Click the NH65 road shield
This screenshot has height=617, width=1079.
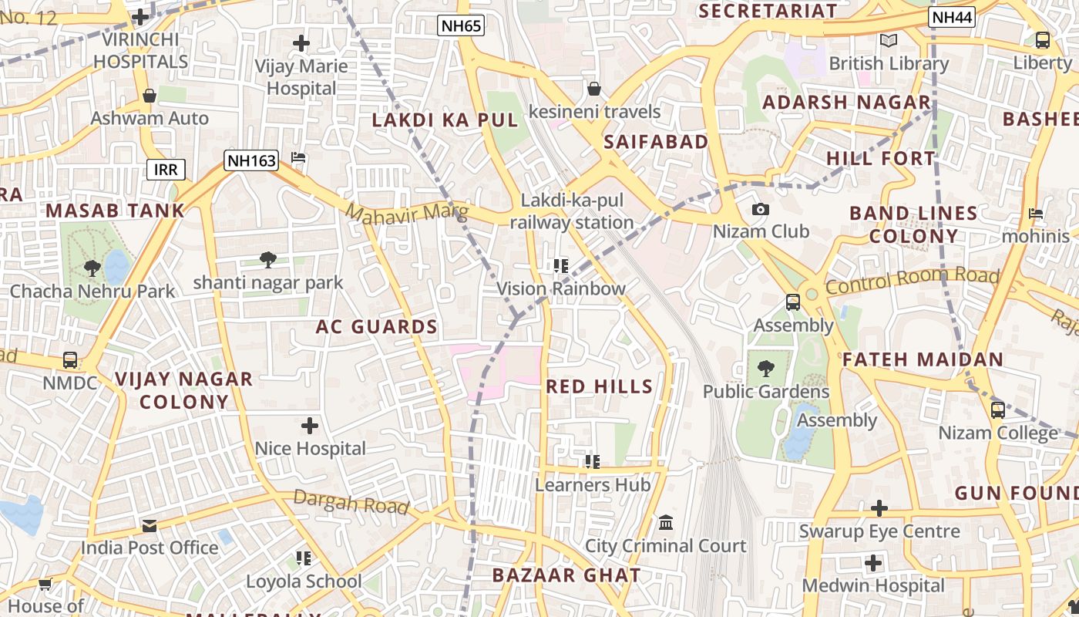click(x=462, y=25)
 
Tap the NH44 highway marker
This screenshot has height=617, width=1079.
click(x=953, y=17)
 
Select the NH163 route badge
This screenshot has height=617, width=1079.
click(x=251, y=160)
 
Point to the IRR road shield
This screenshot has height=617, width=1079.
click(x=166, y=170)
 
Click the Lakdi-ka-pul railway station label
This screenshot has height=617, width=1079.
click(x=571, y=211)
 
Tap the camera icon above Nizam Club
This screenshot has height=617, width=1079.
click(x=760, y=210)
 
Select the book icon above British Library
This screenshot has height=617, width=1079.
click(x=888, y=40)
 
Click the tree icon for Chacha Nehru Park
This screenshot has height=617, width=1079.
click(x=92, y=268)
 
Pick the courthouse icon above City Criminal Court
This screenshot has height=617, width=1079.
click(x=666, y=523)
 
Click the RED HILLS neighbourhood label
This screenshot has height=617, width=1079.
click(x=600, y=386)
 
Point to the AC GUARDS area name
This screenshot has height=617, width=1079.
click(x=377, y=327)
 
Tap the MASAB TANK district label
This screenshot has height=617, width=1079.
click(x=116, y=211)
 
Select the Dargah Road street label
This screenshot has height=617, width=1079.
click(x=351, y=502)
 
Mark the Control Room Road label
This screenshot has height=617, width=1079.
click(x=913, y=282)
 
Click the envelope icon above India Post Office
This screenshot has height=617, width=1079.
click(x=150, y=525)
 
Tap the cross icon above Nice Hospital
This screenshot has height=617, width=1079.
click(x=310, y=425)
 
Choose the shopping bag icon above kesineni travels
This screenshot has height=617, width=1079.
click(x=593, y=89)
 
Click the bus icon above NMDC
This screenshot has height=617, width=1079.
click(x=70, y=359)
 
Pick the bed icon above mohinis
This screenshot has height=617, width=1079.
click(x=1036, y=213)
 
